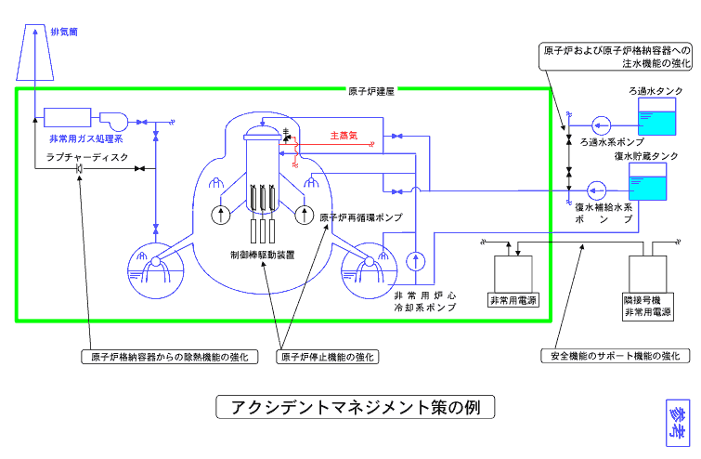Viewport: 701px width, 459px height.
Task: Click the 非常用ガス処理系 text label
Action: (85, 138)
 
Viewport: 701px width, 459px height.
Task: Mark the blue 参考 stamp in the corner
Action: (679, 423)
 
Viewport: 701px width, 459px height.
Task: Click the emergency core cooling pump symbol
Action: (415, 257)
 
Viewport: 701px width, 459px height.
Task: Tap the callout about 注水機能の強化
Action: (617, 55)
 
